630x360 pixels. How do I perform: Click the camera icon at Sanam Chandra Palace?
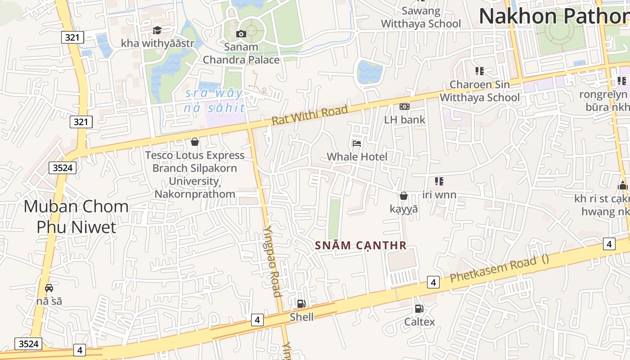241,34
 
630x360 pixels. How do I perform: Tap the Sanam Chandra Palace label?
241,53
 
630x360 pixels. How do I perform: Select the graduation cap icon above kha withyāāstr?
157,30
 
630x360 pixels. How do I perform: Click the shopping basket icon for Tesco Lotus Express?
195,142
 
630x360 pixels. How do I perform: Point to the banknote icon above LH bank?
404,107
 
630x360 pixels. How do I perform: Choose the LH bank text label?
404,120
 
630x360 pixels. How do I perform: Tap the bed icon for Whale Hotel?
357,144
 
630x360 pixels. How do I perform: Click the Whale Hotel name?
357,157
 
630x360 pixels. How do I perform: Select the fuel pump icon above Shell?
301,304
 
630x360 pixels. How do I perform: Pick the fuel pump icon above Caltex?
419,309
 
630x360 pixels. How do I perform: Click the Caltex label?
419,322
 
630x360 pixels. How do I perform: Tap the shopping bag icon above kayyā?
404,196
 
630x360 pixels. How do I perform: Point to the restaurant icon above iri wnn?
439,181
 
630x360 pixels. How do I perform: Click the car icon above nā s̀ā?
49,288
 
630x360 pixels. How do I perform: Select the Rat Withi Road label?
310,115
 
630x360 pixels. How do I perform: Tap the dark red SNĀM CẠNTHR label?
361,246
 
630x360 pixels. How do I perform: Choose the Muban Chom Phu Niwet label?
76,216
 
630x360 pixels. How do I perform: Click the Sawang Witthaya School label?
421,17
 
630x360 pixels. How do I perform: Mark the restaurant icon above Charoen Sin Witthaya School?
479,71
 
